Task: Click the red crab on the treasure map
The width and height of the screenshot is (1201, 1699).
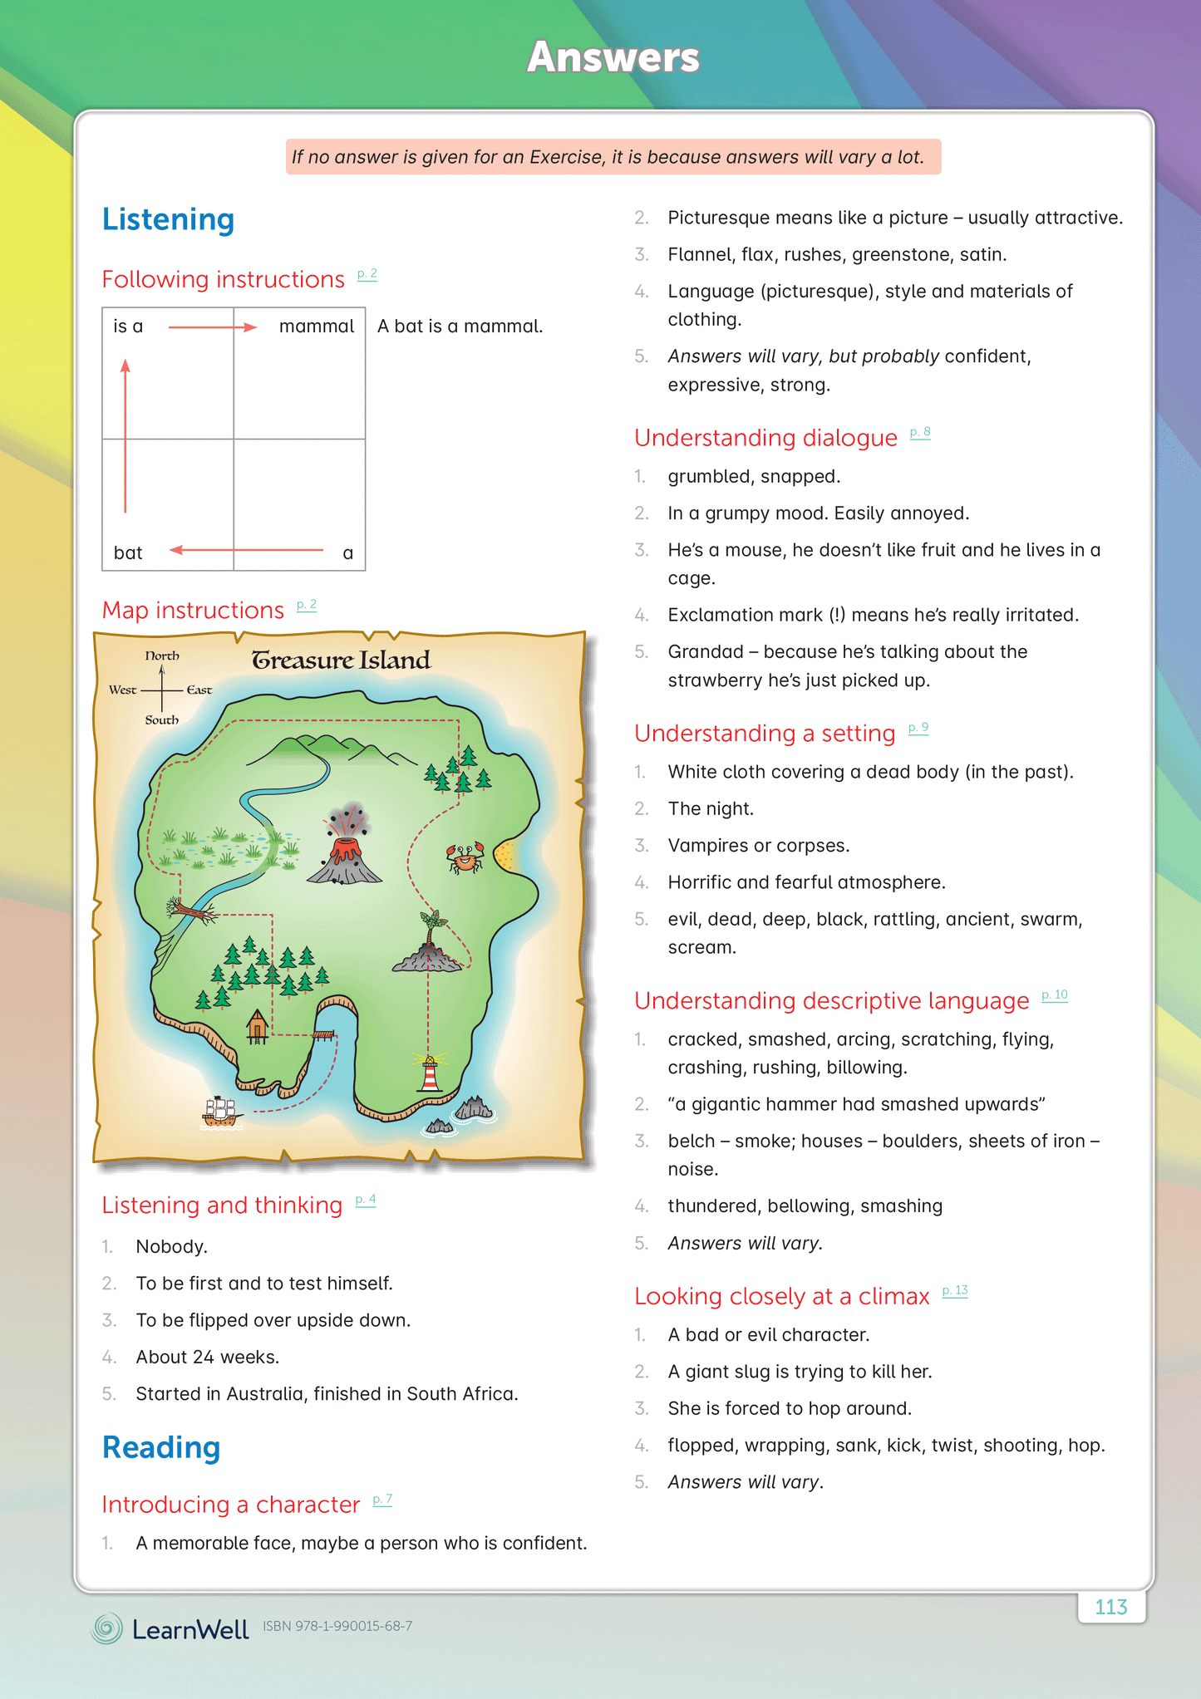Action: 465,857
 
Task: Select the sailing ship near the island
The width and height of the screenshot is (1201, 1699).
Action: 222,1112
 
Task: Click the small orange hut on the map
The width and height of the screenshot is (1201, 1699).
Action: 257,1025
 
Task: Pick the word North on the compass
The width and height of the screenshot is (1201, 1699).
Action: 162,656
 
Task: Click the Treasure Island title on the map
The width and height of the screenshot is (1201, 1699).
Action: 341,660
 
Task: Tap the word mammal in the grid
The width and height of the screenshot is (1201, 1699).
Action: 316,327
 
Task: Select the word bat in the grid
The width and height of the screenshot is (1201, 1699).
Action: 128,553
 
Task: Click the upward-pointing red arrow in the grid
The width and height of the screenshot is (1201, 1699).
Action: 126,435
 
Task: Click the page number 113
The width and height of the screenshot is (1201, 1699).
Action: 1110,1607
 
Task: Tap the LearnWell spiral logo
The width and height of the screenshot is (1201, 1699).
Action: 106,1628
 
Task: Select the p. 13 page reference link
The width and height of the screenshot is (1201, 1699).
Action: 955,1291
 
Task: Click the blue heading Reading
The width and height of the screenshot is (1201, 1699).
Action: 161,1447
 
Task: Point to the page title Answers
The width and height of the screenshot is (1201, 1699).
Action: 613,57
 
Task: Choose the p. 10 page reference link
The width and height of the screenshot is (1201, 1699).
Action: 1055,995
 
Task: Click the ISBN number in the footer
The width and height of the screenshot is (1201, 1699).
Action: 337,1626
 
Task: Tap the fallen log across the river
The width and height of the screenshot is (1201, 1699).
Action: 192,911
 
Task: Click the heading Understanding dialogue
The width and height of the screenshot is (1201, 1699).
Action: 765,438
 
